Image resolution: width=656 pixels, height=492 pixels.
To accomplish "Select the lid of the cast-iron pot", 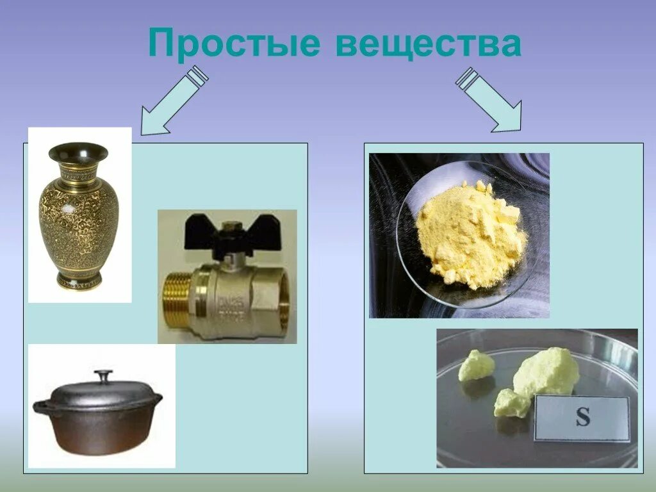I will coord(102,392).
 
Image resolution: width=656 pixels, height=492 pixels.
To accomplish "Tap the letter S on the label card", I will coord(582,418).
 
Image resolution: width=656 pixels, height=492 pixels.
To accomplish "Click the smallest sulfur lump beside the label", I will coord(512,403).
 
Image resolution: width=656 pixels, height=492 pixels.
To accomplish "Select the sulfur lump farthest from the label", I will coord(477,365).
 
